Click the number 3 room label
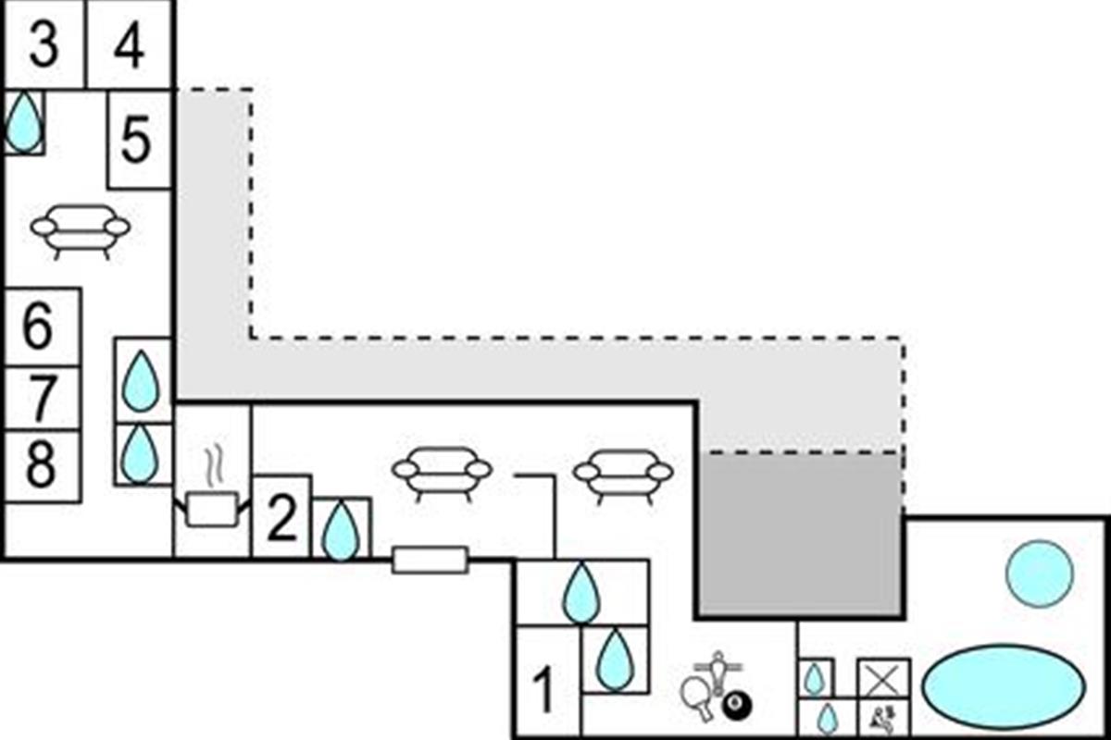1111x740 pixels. [43, 46]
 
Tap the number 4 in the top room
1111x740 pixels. [129, 46]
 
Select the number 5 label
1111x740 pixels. [136, 142]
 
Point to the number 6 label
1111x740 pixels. [38, 327]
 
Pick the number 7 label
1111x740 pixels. [40, 399]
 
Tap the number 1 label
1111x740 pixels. [545, 691]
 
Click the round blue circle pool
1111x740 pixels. [1040, 573]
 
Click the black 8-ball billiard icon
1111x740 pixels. [737, 708]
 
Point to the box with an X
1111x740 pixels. [883, 678]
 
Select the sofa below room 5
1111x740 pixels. [81, 229]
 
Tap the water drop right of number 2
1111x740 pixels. [341, 531]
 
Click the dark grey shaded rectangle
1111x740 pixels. [798, 534]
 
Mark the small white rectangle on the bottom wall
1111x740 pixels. [430, 560]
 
